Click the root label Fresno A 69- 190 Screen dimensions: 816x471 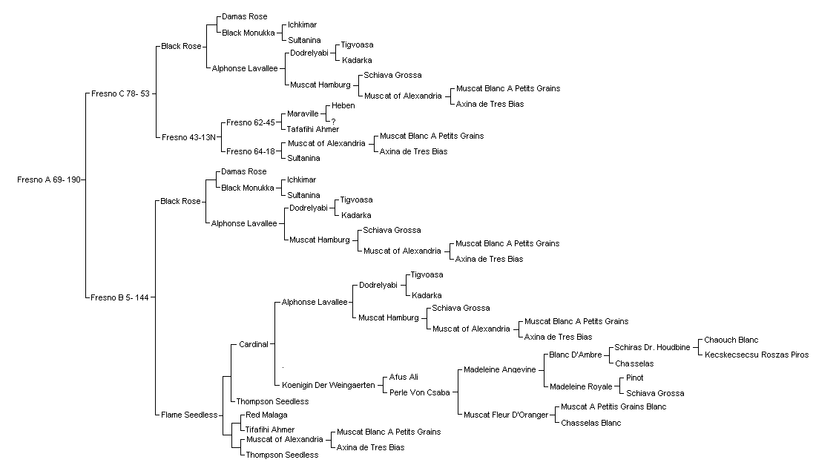(49, 180)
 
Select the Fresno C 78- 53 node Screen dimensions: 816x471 (120, 94)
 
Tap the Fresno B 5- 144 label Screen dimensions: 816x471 (119, 297)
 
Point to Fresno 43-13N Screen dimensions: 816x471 (188, 137)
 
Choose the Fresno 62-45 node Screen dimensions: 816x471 (250, 123)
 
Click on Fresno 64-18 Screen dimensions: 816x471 (250, 151)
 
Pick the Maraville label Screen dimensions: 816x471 (303, 114)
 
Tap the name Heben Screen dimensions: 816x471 (343, 105)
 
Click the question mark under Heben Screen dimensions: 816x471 (334, 122)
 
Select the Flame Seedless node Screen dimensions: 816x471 (189, 415)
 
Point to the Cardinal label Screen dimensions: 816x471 (254, 344)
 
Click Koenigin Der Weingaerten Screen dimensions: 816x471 (329, 385)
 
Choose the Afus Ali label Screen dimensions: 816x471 (404, 378)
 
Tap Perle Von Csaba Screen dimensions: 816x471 (419, 393)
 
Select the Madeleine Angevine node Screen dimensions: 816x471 (499, 370)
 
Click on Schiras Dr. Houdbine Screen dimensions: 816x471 (652, 348)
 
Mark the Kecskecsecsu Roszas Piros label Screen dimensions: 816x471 (757, 355)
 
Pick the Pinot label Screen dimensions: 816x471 (635, 378)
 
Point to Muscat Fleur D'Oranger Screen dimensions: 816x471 (506, 415)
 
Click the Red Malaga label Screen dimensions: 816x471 (266, 415)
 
